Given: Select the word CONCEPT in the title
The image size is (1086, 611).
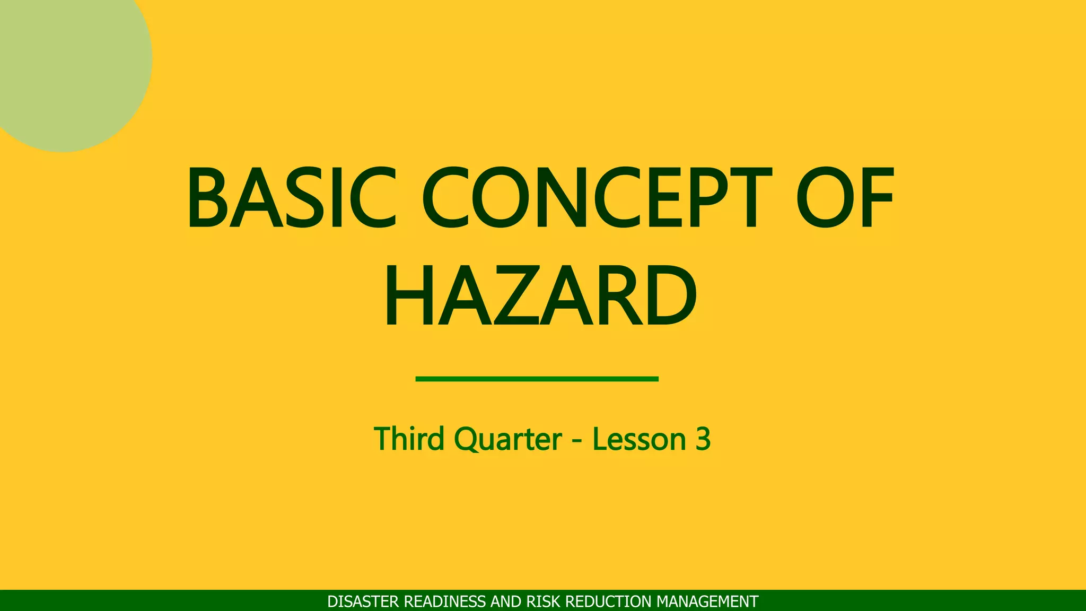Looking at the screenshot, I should pyautogui.click(x=597, y=197).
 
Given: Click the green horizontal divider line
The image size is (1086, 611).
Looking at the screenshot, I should pyautogui.click(x=537, y=379).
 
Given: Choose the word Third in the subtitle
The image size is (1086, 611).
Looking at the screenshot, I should pyautogui.click(x=409, y=439).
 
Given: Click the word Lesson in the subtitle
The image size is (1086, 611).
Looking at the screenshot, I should pyautogui.click(x=639, y=439).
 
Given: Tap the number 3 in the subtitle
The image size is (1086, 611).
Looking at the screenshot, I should pyautogui.click(x=703, y=439).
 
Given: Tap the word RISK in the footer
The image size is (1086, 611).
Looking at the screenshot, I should pyautogui.click(x=542, y=601).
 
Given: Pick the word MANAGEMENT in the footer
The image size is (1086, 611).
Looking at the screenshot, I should pyautogui.click(x=707, y=601).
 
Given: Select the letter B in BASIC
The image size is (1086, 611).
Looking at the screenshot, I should pyautogui.click(x=207, y=197).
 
